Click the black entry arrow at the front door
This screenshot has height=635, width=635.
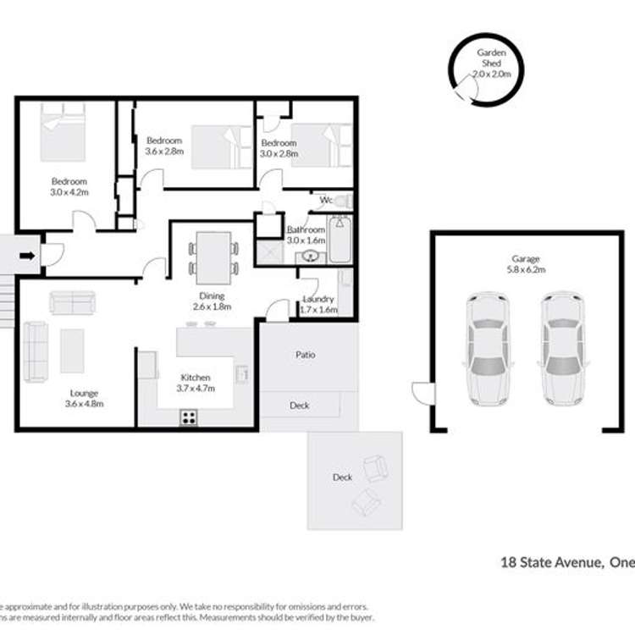coord(27,254)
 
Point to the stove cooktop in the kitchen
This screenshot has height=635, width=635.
coord(188,416)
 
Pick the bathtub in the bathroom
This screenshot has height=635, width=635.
coord(340,240)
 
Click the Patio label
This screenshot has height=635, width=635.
coord(306,355)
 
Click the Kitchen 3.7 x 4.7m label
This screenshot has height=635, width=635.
coord(196,383)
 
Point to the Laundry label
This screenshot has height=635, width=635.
coord(318,304)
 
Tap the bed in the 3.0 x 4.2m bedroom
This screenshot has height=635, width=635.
coord(63,131)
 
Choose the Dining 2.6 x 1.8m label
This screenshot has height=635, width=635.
coord(213,301)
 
